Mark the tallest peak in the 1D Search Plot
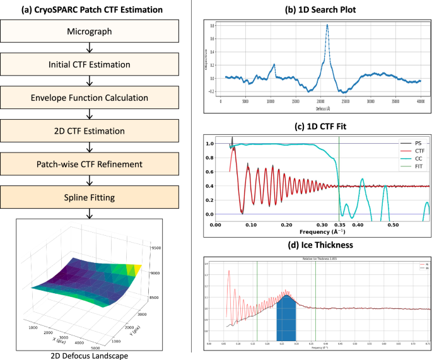coord(327,25)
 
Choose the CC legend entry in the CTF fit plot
coord(409,159)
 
